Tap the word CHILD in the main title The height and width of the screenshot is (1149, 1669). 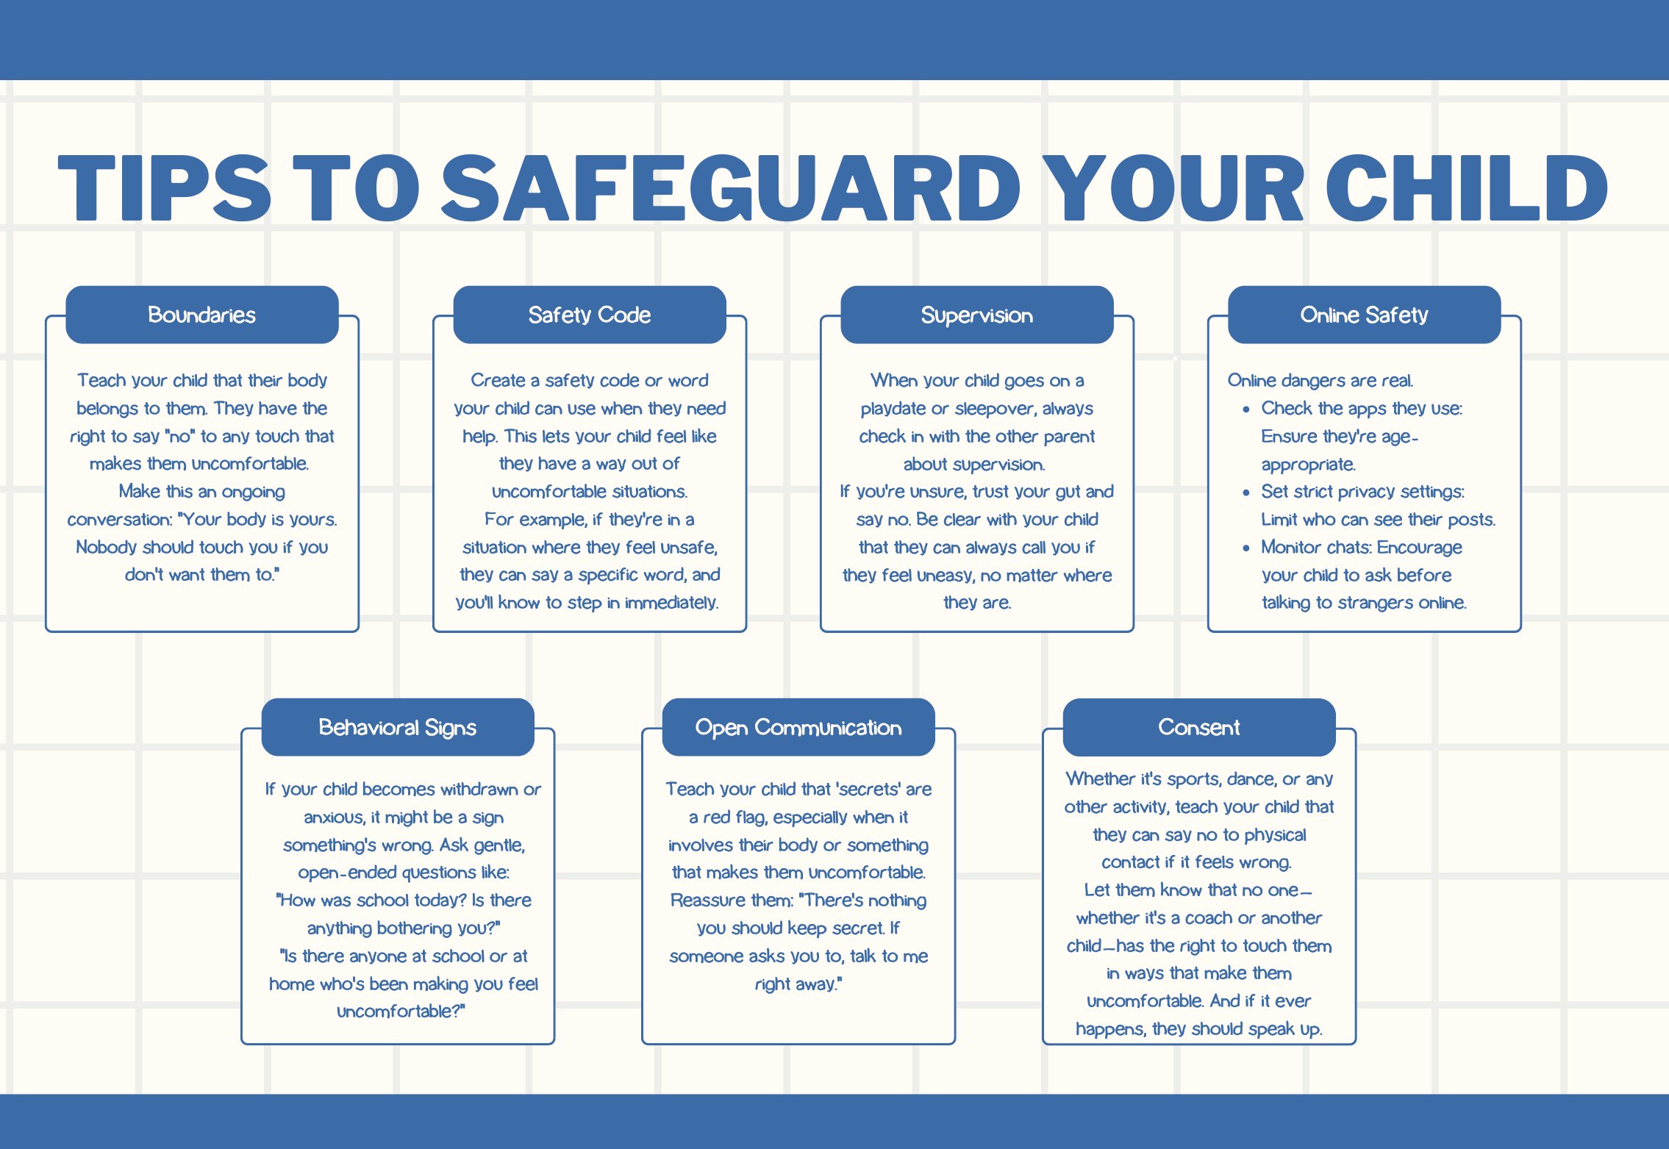1468,188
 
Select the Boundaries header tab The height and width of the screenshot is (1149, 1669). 202,315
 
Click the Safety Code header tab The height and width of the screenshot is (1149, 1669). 590,315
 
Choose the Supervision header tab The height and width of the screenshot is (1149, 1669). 977,315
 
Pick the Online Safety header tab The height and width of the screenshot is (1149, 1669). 1365,315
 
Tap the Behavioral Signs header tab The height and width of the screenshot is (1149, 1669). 398,727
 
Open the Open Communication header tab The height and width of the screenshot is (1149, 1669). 798,727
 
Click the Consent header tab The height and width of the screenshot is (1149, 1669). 1199,727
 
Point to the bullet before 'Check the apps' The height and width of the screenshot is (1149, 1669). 1246,409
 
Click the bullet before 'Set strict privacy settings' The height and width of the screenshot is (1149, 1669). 1246,493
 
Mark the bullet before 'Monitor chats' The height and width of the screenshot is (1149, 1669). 1246,548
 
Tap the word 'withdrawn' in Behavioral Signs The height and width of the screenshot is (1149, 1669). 479,789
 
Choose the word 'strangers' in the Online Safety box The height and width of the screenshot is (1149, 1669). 1376,603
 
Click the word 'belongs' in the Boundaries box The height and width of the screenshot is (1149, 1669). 107,409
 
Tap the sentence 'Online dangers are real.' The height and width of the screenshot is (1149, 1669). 1320,381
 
